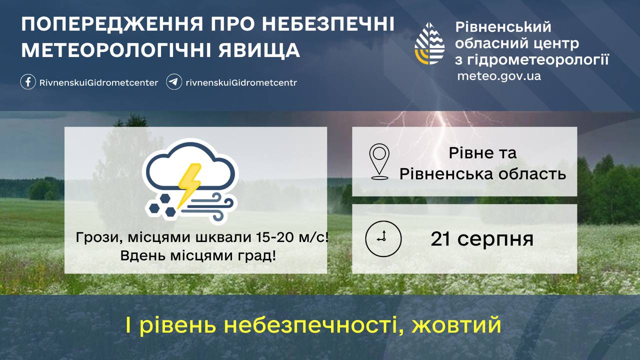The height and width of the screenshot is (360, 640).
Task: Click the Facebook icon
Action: pos(28,82)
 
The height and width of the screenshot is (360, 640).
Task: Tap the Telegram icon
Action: pos(174,82)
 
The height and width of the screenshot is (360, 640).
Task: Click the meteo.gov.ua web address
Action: pos(499,76)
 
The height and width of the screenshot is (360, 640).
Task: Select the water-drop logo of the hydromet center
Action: pos(429,43)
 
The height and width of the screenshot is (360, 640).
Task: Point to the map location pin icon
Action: pos(379,161)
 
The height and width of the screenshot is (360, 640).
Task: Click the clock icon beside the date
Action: pos(383,238)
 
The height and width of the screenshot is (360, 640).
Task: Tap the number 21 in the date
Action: pos(440,239)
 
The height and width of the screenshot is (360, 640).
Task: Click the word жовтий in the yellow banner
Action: pos(456,325)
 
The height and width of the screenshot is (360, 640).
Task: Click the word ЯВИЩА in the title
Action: pos(259,50)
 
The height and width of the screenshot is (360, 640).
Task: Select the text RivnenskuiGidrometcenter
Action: pos(98,83)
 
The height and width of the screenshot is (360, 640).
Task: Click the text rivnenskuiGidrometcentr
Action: pos(241,83)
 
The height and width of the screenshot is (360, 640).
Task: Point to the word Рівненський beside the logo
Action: pos(503,27)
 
